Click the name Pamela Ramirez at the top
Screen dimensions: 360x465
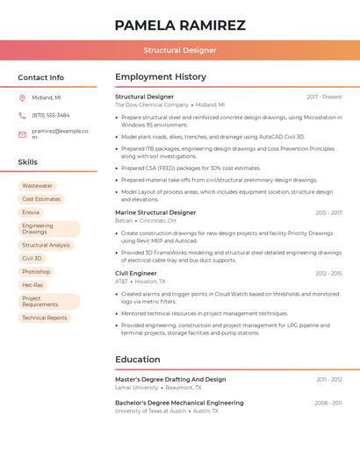[180, 25]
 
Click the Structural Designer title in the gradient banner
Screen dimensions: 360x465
[180, 50]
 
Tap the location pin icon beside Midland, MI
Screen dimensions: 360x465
[23, 97]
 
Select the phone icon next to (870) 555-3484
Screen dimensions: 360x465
[23, 115]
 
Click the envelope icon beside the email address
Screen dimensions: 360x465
[23, 133]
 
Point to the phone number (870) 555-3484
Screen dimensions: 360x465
[51, 115]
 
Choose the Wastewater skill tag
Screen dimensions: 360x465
[37, 186]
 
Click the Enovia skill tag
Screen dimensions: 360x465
[31, 212]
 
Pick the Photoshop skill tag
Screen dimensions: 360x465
[36, 272]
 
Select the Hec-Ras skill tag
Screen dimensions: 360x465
[32, 285]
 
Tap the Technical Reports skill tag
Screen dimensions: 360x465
[44, 318]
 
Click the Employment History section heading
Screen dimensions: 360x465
[161, 77]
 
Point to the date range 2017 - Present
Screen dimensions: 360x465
[324, 97]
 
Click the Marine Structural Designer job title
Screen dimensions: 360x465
[155, 212]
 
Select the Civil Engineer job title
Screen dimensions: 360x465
[135, 273]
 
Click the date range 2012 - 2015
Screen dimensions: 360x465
[328, 273]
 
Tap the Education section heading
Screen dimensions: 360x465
[138, 360]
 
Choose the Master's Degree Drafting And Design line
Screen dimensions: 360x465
[170, 379]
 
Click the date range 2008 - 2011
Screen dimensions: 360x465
[328, 403]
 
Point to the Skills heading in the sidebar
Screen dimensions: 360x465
[28, 162]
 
